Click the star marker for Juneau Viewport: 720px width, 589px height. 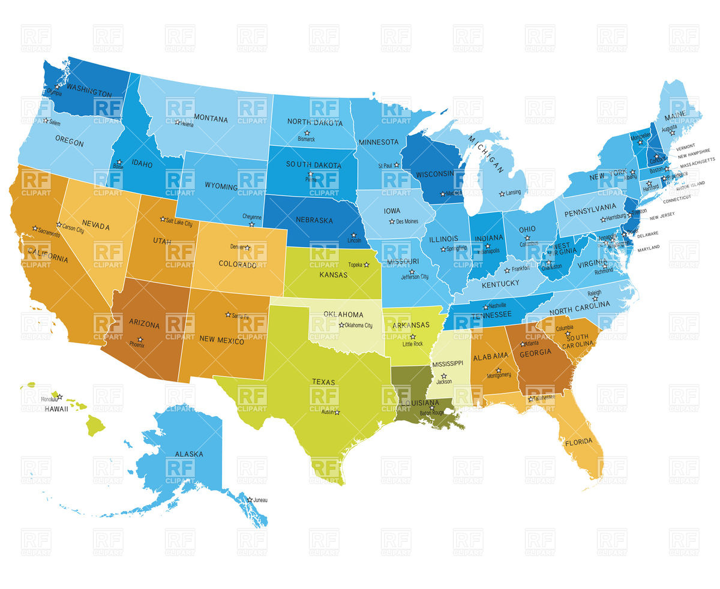coord(250,500)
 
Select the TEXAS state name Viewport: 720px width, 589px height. coord(323,381)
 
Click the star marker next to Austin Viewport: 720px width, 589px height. coord(337,412)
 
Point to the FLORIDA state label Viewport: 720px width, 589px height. coord(578,442)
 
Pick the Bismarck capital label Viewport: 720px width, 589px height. coord(306,139)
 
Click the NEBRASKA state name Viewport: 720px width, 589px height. coord(314,220)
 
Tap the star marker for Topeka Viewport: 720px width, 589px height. coord(367,265)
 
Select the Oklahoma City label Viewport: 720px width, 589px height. coord(359,326)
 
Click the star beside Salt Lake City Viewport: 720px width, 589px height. coord(162,219)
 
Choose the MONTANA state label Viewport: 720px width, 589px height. coord(210,119)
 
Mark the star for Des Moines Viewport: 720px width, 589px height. coord(391,221)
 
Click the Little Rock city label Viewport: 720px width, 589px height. coord(413,344)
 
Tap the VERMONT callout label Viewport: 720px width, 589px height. coord(686,146)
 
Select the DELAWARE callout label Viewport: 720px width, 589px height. coord(648,234)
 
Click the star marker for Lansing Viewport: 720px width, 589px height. coord(502,193)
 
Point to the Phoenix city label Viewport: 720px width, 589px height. coord(137,345)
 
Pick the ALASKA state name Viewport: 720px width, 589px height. coord(189,454)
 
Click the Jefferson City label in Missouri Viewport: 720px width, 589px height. coord(415,277)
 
